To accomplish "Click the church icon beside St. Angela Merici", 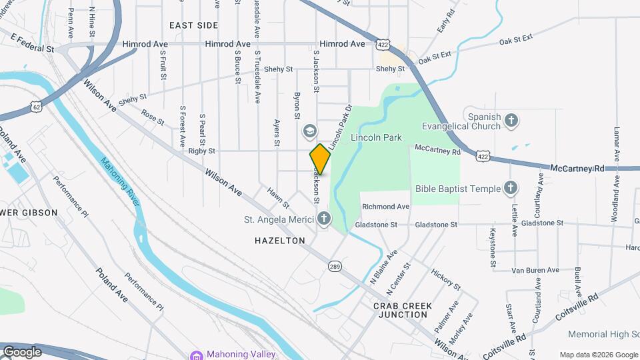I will point(324,219).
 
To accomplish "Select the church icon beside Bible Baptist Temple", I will point(511,189).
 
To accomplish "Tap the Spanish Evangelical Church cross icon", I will point(511,120).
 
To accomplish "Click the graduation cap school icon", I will point(309,131).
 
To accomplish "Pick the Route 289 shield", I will point(335,267).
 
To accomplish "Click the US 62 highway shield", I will point(35,106).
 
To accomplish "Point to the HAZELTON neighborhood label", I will point(279,240).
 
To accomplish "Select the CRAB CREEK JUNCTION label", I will point(403,310).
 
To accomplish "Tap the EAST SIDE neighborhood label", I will point(193,25).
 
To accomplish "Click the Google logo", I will point(22,352).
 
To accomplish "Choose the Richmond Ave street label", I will point(385,207).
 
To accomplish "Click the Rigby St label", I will point(201,151).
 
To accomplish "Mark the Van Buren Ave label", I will point(535,270).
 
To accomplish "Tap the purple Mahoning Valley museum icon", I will point(195,354).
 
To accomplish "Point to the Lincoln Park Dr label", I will point(339,125).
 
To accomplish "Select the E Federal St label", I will point(32,49).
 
